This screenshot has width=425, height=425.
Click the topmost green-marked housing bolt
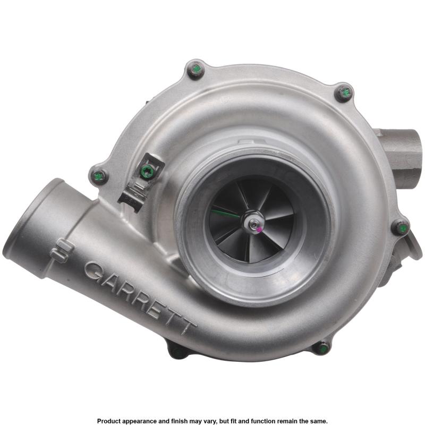pos(195,70)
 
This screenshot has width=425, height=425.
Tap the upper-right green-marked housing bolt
pos(344,93)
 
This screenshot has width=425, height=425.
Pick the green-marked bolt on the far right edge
pos(401,227)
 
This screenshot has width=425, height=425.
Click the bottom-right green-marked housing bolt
pos(322,348)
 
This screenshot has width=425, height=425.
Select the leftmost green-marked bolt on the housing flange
pos(99,176)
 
